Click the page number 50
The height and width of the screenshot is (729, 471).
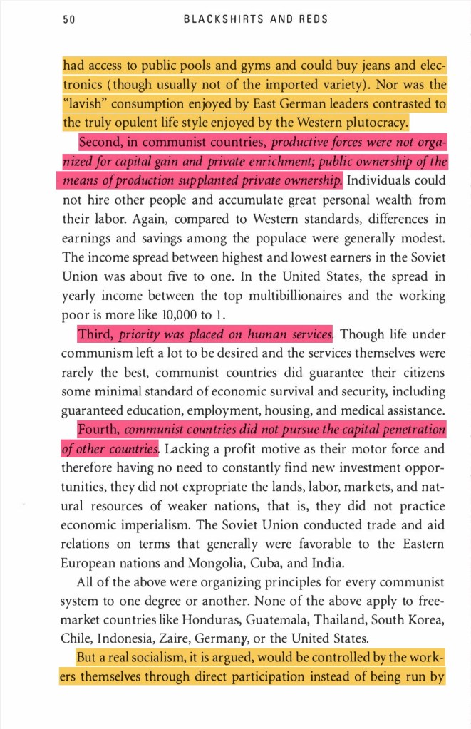(69, 19)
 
